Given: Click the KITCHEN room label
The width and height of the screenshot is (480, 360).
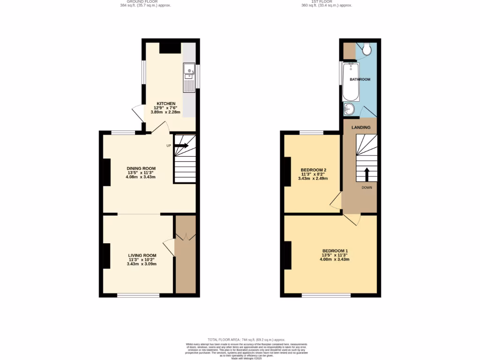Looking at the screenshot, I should (166, 104).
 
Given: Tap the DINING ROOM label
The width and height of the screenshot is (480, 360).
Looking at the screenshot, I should (141, 168).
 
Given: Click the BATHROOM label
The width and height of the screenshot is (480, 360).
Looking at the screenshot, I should (360, 80).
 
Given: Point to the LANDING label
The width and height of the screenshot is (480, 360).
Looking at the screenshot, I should (361, 127).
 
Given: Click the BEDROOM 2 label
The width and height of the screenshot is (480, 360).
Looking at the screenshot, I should (314, 170).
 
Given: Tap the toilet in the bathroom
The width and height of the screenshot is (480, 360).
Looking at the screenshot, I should (367, 49).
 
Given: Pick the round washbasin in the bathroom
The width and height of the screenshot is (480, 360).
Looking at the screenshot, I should (349, 110).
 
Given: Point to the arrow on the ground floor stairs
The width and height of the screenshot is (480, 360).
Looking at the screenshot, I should (182, 146).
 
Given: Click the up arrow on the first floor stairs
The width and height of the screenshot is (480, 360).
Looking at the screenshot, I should (367, 174).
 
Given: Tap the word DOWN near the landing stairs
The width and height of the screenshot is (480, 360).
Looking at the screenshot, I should (367, 187).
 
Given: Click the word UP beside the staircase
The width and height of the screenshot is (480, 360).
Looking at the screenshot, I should (169, 146).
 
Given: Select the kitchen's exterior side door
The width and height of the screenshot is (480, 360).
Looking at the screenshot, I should (138, 113).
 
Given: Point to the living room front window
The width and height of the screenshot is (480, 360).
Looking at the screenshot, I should (138, 295).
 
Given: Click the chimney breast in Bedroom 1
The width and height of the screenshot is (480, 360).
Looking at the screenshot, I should (287, 255).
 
